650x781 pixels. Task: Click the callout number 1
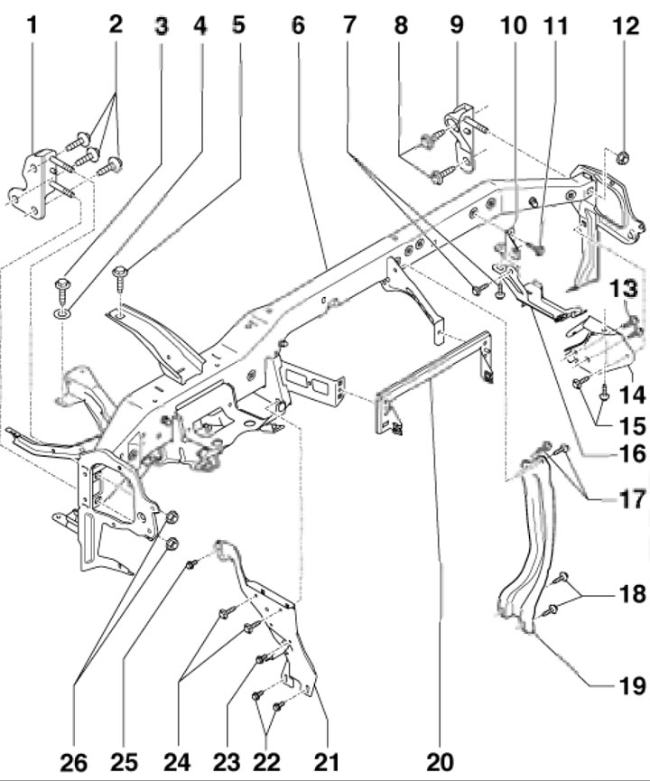[x=32, y=25]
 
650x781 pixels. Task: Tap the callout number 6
[x=298, y=25]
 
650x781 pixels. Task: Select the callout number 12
[x=627, y=26]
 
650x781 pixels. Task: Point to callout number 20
[x=441, y=761]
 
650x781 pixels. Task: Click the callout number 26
[x=74, y=762]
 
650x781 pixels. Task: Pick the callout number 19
[x=633, y=686]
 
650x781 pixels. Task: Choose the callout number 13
[x=624, y=288]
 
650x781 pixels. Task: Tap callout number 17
[x=633, y=499]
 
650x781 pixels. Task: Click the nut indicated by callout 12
[x=623, y=158]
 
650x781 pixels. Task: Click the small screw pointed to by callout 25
[x=191, y=564]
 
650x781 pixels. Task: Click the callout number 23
[x=227, y=762]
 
